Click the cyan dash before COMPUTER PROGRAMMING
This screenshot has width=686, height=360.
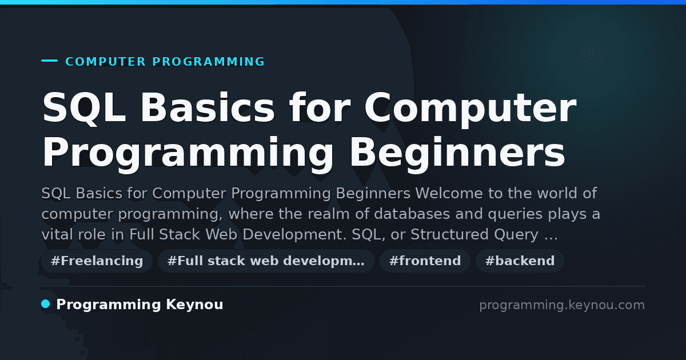[49, 61]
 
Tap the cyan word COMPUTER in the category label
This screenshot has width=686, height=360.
[106, 62]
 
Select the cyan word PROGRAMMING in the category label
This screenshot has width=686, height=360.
[209, 62]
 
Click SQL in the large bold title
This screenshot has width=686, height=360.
[84, 108]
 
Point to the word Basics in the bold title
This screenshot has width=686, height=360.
[208, 107]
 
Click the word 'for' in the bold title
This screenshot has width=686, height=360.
[320, 107]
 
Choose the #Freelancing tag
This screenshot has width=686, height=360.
[97, 261]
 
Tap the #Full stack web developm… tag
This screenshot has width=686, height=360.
[266, 261]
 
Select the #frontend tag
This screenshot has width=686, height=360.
[425, 261]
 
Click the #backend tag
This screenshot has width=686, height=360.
[520, 261]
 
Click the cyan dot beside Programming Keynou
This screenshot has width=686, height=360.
[46, 304]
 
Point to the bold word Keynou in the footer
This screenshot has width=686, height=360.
[194, 305]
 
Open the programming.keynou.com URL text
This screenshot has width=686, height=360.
[562, 305]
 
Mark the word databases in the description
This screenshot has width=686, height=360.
[412, 214]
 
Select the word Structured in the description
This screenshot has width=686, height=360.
[449, 234]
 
